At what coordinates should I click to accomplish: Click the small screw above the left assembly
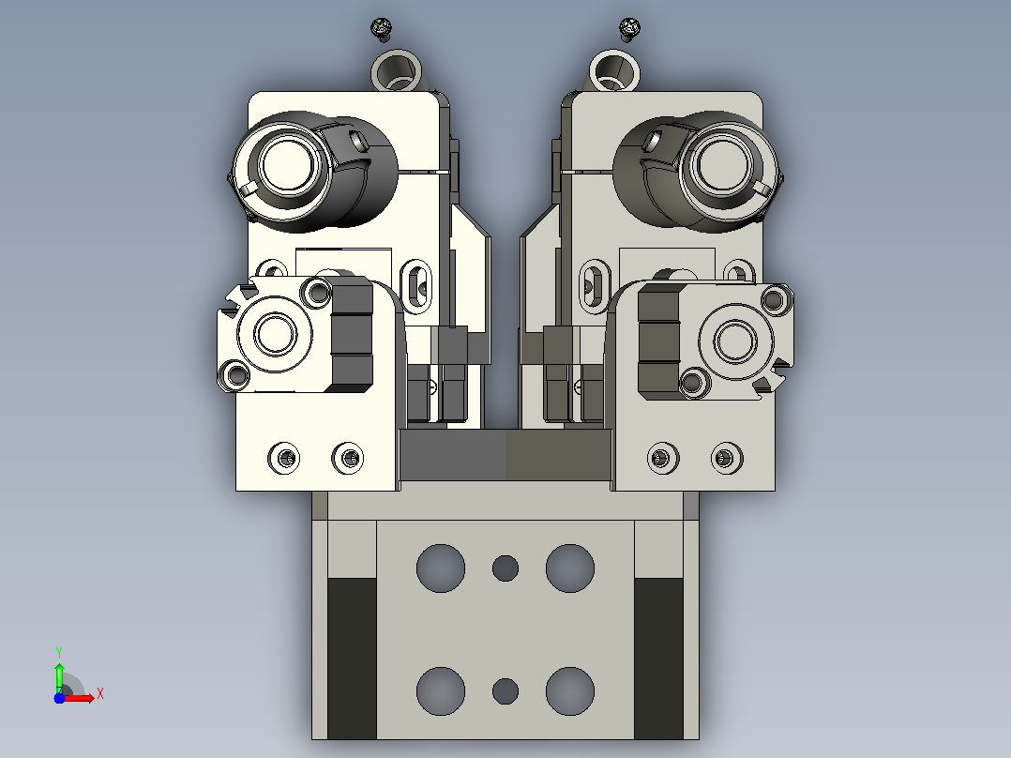[382, 29]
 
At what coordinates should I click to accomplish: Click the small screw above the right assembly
[628, 29]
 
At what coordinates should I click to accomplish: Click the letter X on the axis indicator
[100, 694]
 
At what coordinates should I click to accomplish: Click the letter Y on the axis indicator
[59, 653]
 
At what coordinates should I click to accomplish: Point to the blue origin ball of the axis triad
[59, 698]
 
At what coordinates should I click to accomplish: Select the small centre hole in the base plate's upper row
[505, 568]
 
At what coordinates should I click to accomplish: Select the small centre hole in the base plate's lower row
[505, 690]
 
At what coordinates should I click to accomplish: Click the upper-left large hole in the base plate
[441, 568]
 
